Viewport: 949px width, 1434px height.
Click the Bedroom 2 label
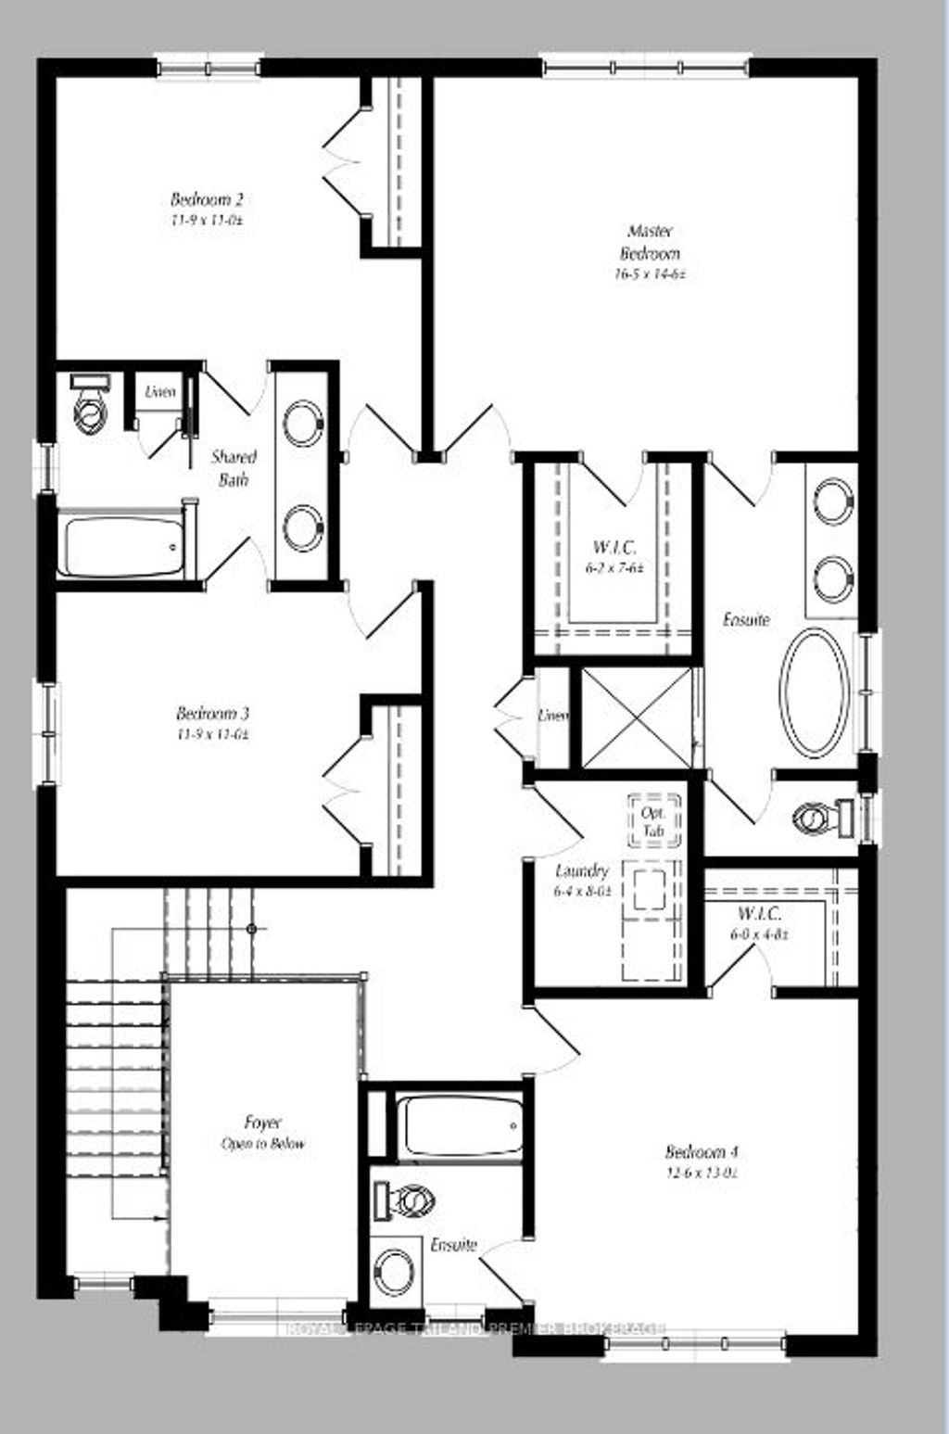click(207, 199)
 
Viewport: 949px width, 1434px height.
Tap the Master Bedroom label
click(650, 242)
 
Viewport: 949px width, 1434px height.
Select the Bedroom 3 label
click(212, 714)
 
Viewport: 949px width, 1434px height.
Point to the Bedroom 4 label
click(702, 1152)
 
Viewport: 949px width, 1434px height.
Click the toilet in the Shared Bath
click(89, 408)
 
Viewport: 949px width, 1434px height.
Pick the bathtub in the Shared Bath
click(120, 546)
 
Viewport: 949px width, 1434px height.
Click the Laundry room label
click(582, 871)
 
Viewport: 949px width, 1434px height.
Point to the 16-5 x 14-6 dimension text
click(650, 274)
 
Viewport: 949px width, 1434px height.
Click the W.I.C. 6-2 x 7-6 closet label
click(614, 556)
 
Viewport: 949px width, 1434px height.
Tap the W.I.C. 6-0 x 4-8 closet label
click(760, 923)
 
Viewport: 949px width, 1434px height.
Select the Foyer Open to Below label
click(263, 1133)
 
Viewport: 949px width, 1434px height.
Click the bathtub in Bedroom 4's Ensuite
click(459, 1125)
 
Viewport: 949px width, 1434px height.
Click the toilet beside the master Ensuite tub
click(820, 819)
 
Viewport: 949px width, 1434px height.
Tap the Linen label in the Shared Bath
click(159, 392)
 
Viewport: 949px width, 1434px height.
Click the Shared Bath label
click(234, 467)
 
